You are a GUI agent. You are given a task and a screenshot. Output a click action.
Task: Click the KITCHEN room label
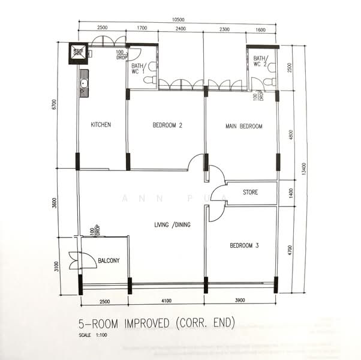(101, 125)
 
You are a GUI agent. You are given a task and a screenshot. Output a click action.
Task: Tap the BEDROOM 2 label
(167, 125)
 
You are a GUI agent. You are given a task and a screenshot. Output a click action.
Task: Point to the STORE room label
(250, 193)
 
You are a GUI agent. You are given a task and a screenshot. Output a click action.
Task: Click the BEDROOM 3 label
(245, 246)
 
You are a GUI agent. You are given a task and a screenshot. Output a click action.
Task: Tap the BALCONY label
(109, 260)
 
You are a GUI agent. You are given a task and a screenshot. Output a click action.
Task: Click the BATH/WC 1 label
(139, 70)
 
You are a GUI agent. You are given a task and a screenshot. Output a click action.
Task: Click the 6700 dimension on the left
(54, 106)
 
